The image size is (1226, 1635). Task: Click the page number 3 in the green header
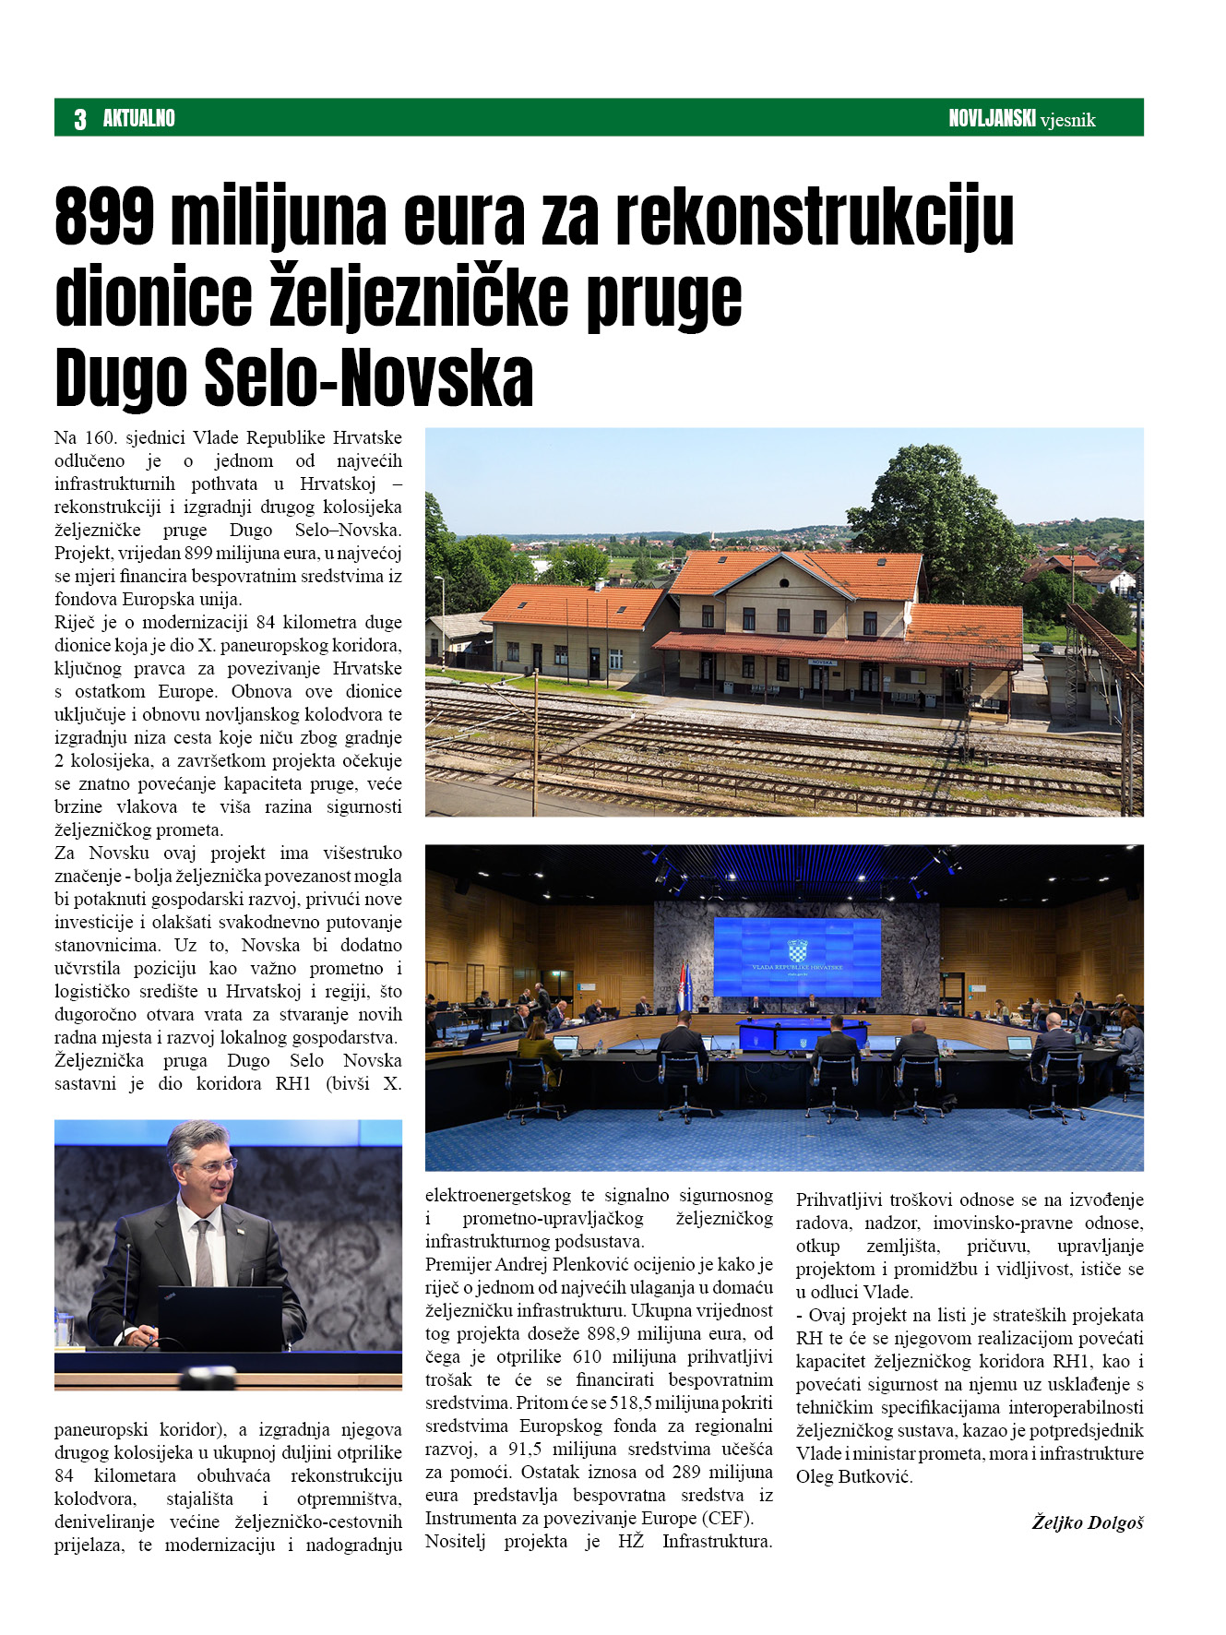pos(80,119)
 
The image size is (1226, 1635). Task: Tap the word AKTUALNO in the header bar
pos(138,118)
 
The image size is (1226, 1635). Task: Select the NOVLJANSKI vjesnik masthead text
pos(1021,118)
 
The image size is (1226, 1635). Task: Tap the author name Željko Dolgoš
pos(1087,1522)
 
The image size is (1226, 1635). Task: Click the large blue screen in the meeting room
pos(797,957)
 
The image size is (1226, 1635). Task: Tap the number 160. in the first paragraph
pos(100,437)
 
